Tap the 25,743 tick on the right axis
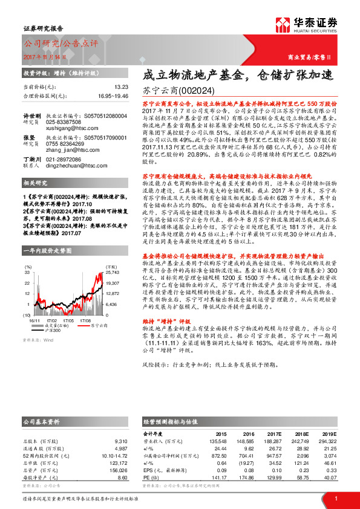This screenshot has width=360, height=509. pyautogui.click(x=113, y=273)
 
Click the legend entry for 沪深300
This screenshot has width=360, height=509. pyautogui.click(x=53, y=331)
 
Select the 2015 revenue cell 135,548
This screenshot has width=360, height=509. pyautogui.click(x=218, y=441)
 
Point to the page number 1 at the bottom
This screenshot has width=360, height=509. pyautogui.click(x=336, y=498)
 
